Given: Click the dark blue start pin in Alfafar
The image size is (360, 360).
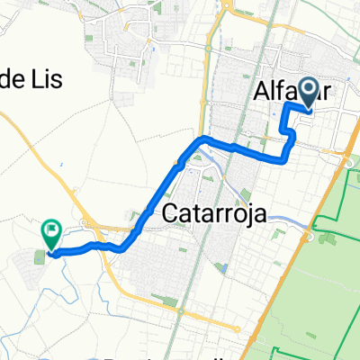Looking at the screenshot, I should pyautogui.click(x=309, y=92).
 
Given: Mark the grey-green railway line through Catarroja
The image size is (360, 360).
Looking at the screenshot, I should pyautogui.click(x=185, y=270).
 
